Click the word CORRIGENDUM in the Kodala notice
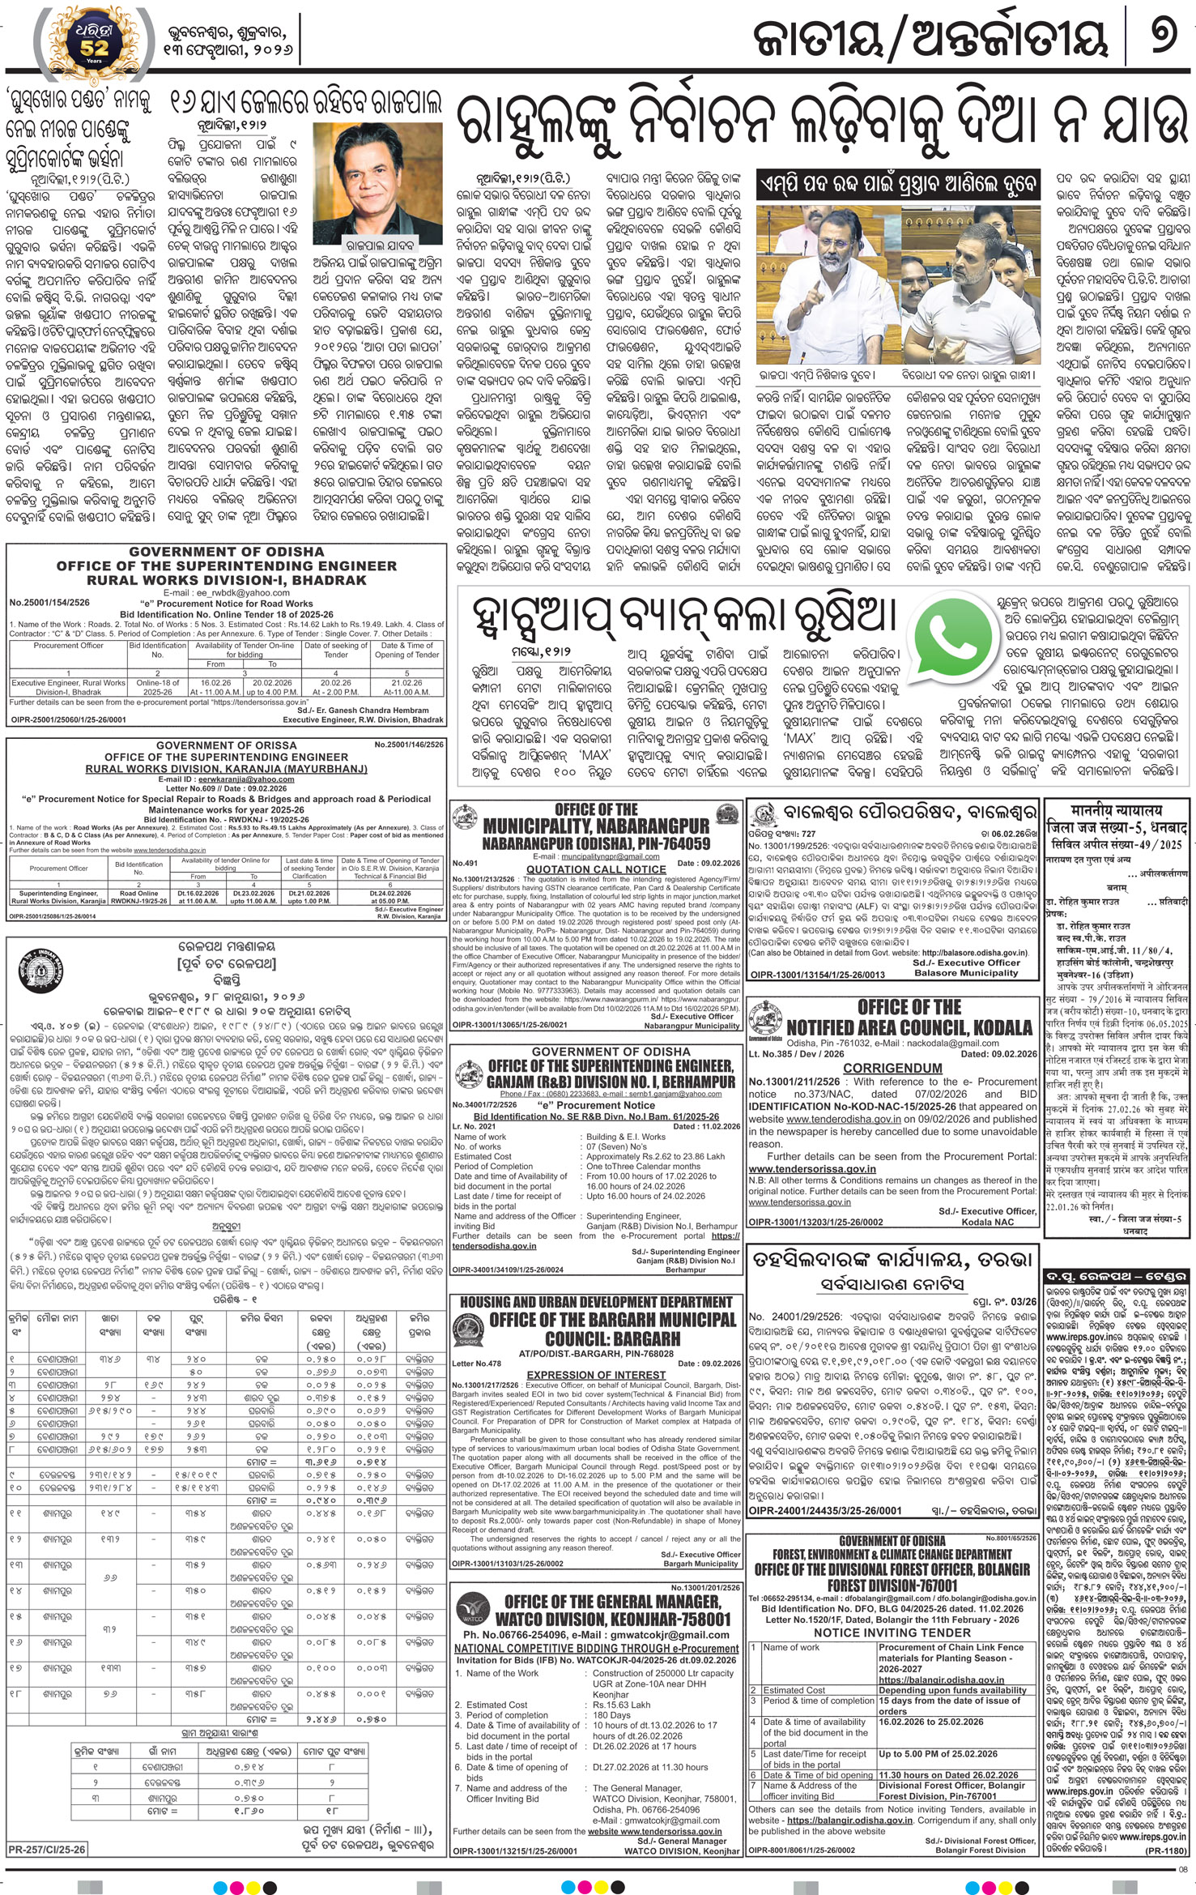pyautogui.click(x=892, y=1068)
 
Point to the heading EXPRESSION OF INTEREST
pyautogui.click(x=595, y=1375)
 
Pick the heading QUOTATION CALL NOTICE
pyautogui.click(x=595, y=869)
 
